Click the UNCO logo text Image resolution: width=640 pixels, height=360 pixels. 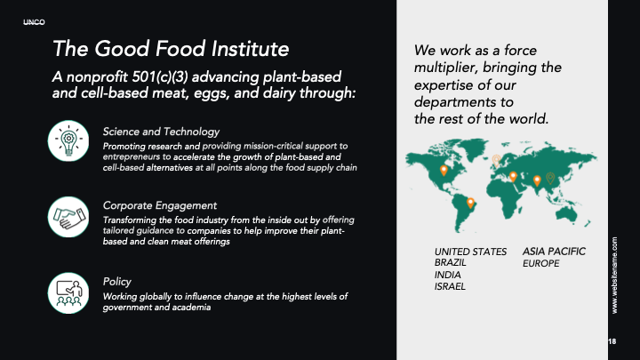tap(34, 22)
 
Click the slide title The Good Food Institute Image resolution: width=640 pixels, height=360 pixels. tap(171, 49)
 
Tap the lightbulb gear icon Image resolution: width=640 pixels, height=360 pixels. tap(68, 140)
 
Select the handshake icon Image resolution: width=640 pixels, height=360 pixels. tap(68, 217)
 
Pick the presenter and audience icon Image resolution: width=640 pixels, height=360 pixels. tap(68, 293)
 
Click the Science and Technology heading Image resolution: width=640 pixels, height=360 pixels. tap(161, 132)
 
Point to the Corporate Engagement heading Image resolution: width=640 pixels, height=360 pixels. tap(160, 205)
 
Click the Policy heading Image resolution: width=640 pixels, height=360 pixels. tap(116, 282)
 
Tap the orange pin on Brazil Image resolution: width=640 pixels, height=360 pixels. tap(470, 203)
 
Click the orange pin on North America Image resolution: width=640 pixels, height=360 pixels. tap(444, 170)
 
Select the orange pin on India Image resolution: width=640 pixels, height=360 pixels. tap(537, 180)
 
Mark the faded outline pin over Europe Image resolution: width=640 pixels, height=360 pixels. tap(496, 160)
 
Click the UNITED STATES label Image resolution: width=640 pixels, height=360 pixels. tap(470, 252)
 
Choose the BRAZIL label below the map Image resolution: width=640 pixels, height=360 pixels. tap(450, 262)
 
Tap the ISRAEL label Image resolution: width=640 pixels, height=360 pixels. tap(450, 286)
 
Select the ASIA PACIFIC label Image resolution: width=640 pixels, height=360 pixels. tap(554, 252)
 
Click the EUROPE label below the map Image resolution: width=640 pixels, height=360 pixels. tap(540, 264)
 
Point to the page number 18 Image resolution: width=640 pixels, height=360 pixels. tap(612, 341)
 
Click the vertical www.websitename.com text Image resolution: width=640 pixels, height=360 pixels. tap(615, 276)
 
